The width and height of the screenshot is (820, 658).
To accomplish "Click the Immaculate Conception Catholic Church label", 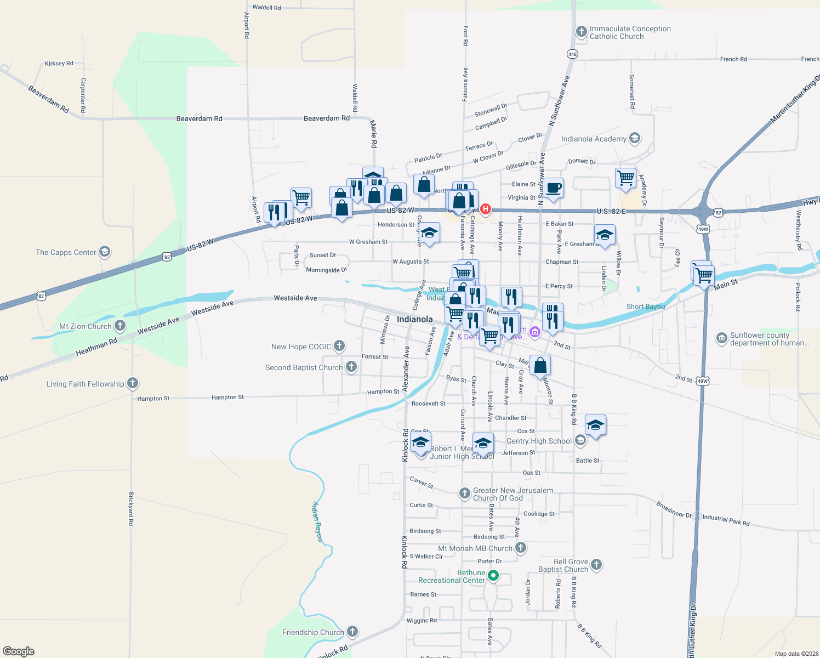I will tap(630, 33).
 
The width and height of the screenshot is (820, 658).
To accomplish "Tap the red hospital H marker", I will tap(485, 209).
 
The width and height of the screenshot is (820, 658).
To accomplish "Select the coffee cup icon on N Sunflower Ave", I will tap(553, 188).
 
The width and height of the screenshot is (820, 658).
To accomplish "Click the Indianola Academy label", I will tap(593, 139).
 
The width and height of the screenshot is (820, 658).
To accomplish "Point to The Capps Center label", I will tap(66, 253).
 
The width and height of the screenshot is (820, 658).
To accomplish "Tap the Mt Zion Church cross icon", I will tap(119, 326).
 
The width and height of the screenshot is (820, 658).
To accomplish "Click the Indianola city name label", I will tap(414, 319).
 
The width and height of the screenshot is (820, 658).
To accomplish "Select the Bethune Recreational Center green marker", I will tap(493, 575).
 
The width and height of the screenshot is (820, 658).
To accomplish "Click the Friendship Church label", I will tap(313, 632).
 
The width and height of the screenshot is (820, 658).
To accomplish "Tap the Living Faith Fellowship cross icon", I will tap(133, 384).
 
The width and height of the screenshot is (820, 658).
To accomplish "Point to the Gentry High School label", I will tap(539, 441).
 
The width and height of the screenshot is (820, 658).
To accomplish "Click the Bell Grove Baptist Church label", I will tap(563, 565).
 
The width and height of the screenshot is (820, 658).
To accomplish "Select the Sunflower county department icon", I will tap(721, 338).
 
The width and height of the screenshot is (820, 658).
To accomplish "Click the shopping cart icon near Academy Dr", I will tap(625, 178).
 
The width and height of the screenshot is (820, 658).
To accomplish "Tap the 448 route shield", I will tap(572, 54).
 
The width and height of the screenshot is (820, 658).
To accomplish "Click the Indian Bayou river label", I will tap(318, 521).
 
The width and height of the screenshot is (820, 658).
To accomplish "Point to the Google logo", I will tap(19, 651).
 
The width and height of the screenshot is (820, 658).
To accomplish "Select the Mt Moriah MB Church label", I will tap(475, 548).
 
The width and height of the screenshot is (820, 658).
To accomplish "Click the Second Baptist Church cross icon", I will tap(351, 367).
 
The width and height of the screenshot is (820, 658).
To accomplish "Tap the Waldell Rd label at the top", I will tap(266, 8).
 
